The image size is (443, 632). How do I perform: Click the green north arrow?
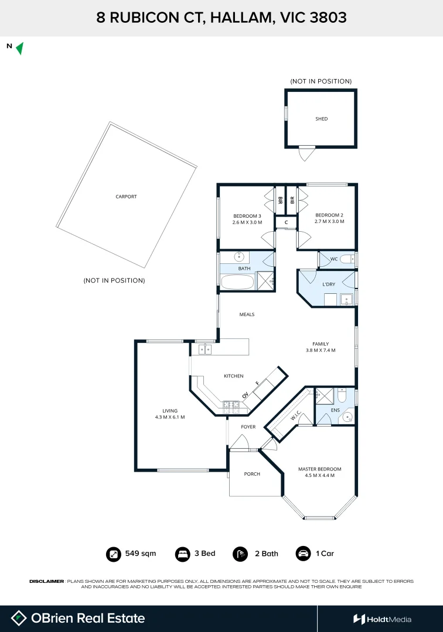[x=20, y=49]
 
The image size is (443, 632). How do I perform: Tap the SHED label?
[x=322, y=119]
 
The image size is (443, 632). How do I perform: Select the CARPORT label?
[x=127, y=197]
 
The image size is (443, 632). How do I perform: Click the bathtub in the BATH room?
[x=238, y=282]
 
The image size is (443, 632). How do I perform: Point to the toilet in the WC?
[x=347, y=259]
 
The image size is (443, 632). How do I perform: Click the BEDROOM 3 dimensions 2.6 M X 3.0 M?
[x=247, y=222]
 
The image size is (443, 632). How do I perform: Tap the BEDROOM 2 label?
[x=329, y=215]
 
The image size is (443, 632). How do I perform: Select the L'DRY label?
[x=329, y=284]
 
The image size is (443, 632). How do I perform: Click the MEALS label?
[x=247, y=314]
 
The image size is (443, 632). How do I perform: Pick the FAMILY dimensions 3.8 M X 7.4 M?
[x=321, y=351]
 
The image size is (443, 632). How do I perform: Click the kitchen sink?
[x=205, y=349]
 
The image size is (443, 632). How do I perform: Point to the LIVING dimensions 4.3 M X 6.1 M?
[x=170, y=417]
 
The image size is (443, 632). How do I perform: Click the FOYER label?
[x=248, y=427]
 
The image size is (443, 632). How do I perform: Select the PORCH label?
[x=252, y=474]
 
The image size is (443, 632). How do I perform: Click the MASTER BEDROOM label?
[x=319, y=469]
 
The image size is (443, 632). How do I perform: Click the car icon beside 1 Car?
[x=303, y=554]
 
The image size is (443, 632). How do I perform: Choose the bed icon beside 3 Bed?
[x=182, y=554]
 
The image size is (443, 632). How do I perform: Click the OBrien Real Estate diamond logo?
[x=19, y=619]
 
